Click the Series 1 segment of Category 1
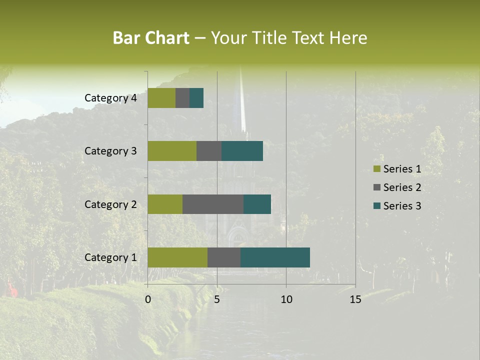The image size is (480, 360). click(x=177, y=257)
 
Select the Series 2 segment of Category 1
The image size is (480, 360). click(x=224, y=257)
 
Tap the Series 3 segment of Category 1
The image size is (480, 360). click(x=275, y=257)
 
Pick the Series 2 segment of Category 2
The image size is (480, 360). click(x=213, y=204)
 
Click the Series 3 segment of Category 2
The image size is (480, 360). click(x=257, y=204)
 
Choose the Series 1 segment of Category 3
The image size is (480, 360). click(x=172, y=151)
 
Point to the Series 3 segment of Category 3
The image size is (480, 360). click(x=242, y=151)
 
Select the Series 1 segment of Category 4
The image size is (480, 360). click(x=161, y=98)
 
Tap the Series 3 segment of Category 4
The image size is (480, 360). click(x=196, y=98)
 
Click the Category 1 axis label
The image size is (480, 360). click(x=110, y=257)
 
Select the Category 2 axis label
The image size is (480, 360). click(x=110, y=204)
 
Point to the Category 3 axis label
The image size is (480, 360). click(x=110, y=151)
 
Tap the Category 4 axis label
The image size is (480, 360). click(x=110, y=98)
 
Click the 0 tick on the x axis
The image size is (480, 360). click(x=148, y=299)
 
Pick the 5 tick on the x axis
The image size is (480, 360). click(x=217, y=299)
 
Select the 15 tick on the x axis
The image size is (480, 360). click(x=355, y=299)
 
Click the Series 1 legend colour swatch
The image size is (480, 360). click(x=377, y=169)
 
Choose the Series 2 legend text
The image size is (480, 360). click(x=402, y=187)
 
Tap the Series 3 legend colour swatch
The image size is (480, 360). click(x=377, y=206)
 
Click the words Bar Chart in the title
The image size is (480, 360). click(x=151, y=38)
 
